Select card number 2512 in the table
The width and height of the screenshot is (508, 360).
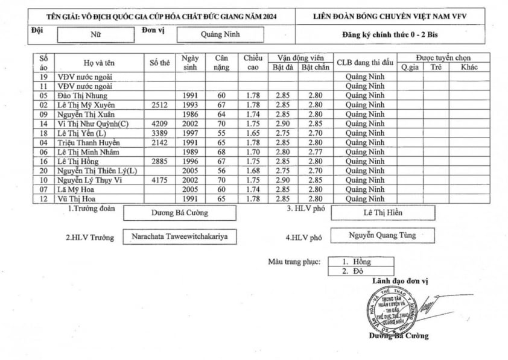[160, 104]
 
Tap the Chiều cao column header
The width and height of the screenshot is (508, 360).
[253, 63]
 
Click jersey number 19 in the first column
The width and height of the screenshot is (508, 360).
[43, 77]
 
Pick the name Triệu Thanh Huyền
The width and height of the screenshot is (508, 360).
[88, 142]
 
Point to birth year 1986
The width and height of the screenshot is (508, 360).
[190, 114]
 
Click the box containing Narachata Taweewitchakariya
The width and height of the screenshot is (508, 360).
[180, 237]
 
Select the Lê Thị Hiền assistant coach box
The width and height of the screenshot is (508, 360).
[383, 213]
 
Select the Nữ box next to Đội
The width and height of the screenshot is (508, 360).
[96, 34]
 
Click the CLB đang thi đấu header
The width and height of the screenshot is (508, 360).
[364, 63]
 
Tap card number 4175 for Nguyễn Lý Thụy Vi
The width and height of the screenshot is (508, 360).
[160, 180]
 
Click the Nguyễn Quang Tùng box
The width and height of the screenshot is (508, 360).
[383, 236]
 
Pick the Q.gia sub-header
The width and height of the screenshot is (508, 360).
[410, 67]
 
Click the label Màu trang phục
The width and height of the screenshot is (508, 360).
[294, 262]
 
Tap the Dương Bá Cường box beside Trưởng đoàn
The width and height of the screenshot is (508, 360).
[180, 213]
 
